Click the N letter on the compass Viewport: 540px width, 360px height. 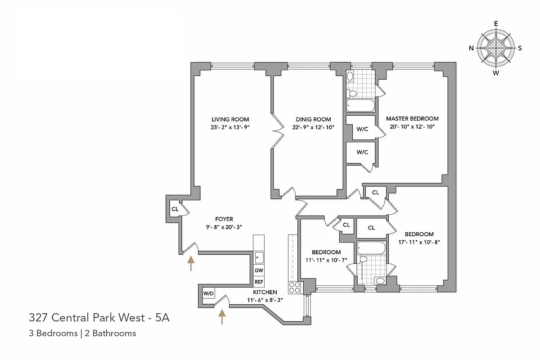point(471,48)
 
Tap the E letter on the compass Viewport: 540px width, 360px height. point(496,24)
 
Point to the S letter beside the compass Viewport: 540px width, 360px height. point(520,48)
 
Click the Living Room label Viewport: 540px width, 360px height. point(230,119)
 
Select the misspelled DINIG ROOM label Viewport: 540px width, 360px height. point(313,119)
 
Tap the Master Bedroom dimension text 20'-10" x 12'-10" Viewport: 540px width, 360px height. point(412,126)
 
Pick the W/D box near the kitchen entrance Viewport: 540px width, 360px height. point(209,293)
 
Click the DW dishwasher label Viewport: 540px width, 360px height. point(259,270)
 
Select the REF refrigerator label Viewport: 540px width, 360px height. point(259,282)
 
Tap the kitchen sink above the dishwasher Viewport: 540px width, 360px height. point(259,257)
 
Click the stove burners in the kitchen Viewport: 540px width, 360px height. point(294,287)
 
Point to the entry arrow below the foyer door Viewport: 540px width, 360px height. point(191,263)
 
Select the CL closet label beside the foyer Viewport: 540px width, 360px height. point(175,209)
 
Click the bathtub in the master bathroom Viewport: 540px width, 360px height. point(360,106)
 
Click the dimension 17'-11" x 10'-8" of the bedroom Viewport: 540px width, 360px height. point(419,242)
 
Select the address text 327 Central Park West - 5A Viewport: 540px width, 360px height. point(99,318)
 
